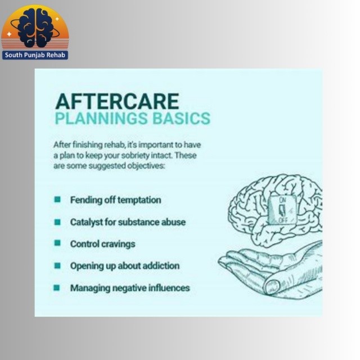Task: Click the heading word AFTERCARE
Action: pos(117,101)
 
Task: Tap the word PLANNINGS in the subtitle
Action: pos(101,118)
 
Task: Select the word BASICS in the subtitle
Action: pos(181,118)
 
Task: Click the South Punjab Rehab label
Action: pos(35,55)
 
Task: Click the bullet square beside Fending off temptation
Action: pos(57,199)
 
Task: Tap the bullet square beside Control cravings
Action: pos(57,243)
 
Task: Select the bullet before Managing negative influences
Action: pos(56,287)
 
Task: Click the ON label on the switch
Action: pos(282,200)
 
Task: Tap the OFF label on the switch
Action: pos(283,220)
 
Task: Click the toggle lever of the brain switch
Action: pos(282,210)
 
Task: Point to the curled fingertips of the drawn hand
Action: pos(272,287)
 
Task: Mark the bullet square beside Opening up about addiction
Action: pos(57,265)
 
